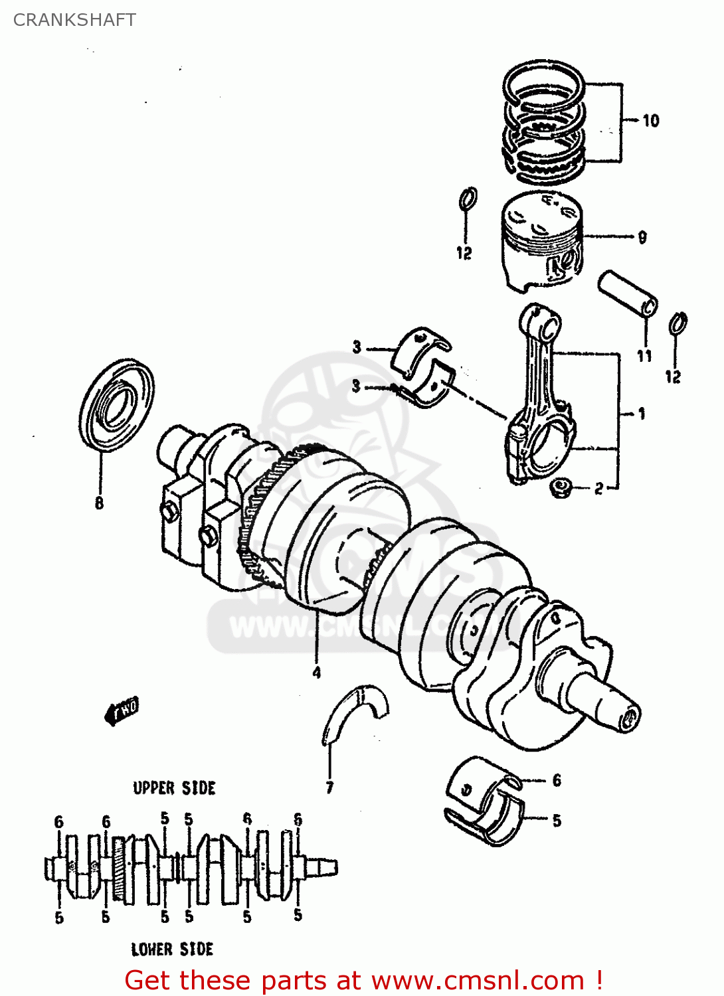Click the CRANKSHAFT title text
pyautogui.click(x=74, y=20)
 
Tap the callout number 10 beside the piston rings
pyautogui.click(x=650, y=120)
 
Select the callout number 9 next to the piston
pyautogui.click(x=642, y=237)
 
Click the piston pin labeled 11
pyautogui.click(x=628, y=293)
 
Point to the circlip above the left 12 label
pyautogui.click(x=468, y=198)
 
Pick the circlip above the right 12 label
pyautogui.click(x=678, y=323)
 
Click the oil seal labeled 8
pyautogui.click(x=116, y=404)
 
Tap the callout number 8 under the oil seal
pyautogui.click(x=99, y=503)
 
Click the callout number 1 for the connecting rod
pyautogui.click(x=641, y=414)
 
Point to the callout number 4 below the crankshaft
pyautogui.click(x=317, y=672)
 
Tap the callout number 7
pyautogui.click(x=329, y=788)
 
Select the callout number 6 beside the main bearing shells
pyautogui.click(x=557, y=780)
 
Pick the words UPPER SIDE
pyautogui.click(x=174, y=788)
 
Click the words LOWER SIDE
pyautogui.click(x=172, y=949)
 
